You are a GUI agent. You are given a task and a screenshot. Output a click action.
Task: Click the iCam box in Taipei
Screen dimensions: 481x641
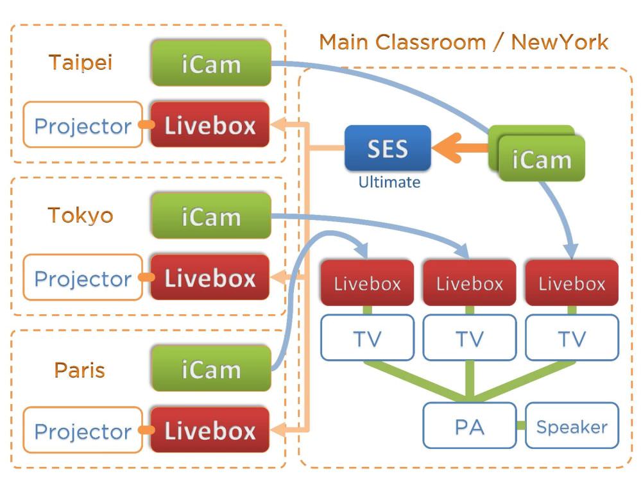(210, 63)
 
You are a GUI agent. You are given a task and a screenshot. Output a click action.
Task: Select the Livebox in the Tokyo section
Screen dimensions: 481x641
(210, 278)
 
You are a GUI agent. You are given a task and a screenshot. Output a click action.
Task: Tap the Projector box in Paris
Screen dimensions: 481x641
(83, 431)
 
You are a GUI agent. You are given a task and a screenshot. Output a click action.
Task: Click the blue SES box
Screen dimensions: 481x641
(388, 148)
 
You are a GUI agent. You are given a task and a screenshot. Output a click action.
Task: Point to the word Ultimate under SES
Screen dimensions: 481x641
(389, 182)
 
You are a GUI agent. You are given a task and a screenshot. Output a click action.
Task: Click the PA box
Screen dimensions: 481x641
(469, 425)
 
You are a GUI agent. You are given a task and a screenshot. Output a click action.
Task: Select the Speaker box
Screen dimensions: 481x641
(572, 426)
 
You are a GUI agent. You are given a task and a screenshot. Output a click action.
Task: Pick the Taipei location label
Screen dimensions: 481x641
(80, 62)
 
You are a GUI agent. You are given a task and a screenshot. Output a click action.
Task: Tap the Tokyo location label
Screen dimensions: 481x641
(80, 215)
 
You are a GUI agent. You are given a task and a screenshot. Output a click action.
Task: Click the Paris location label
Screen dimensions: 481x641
(80, 370)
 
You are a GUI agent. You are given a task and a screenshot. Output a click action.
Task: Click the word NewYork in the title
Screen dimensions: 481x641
(560, 42)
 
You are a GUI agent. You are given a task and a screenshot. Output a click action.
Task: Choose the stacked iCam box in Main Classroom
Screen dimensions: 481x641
(542, 158)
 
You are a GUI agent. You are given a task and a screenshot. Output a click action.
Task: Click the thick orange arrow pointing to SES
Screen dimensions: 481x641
(459, 148)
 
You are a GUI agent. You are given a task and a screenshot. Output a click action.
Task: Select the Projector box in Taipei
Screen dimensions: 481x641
(83, 126)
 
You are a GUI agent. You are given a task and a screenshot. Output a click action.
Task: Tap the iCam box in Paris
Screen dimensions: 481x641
(210, 369)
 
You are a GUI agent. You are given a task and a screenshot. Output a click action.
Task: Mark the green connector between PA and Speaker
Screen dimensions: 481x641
(520, 426)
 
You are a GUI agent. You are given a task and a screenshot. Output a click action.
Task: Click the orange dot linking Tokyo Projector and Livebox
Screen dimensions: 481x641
(146, 278)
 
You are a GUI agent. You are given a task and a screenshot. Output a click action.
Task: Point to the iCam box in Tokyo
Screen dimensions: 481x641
(210, 216)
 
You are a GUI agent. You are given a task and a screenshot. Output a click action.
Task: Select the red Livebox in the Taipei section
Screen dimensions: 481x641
(210, 125)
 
